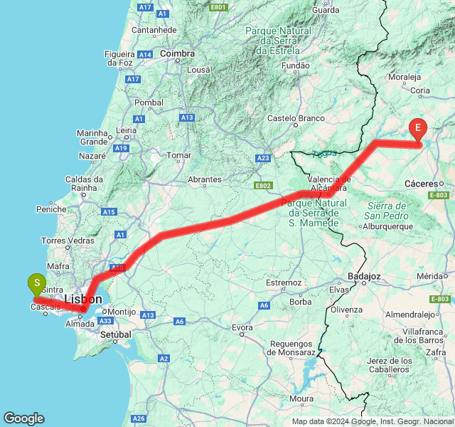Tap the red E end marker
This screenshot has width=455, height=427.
click(418, 129)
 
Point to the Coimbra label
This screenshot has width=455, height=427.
click(178, 53)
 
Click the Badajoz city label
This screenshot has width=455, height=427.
click(366, 276)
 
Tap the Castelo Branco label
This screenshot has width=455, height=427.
click(296, 118)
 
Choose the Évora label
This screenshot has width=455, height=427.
click(242, 328)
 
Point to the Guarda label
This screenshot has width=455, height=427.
click(326, 10)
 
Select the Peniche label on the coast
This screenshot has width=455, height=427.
click(51, 209)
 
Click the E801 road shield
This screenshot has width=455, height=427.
click(218, 7)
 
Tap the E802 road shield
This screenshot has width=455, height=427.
click(263, 186)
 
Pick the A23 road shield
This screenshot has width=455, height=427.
click(264, 158)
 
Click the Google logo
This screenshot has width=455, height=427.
click(23, 418)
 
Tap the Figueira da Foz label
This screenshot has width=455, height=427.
click(120, 58)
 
